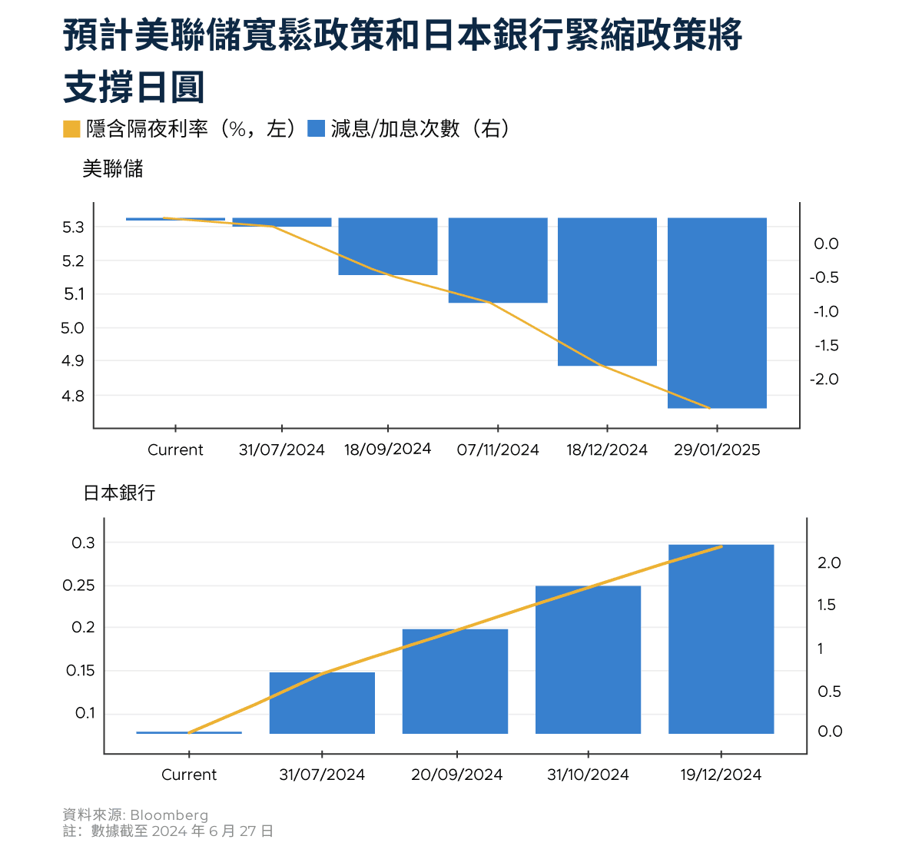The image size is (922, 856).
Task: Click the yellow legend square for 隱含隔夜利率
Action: (x=71, y=129)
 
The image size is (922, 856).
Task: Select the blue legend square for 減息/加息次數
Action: (x=316, y=129)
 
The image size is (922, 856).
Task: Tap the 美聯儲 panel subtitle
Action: (x=113, y=169)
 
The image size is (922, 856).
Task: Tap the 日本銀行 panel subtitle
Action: (x=119, y=493)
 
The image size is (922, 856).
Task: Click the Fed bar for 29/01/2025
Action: (x=717, y=313)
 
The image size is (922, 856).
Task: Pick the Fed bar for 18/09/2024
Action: (x=388, y=246)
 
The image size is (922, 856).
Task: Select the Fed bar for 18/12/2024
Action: (x=607, y=292)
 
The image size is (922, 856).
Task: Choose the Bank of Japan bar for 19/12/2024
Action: (x=721, y=639)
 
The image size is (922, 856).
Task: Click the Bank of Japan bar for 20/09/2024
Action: (x=455, y=681)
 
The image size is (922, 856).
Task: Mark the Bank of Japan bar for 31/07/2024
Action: (x=322, y=702)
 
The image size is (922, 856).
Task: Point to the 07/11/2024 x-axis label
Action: (x=498, y=450)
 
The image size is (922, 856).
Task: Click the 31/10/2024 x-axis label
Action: (x=588, y=775)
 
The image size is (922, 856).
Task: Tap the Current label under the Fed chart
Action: (x=175, y=450)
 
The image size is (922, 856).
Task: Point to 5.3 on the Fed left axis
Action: (x=73, y=227)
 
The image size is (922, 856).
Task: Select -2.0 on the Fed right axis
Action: (x=824, y=380)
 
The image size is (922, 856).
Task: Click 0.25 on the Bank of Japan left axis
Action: (x=78, y=586)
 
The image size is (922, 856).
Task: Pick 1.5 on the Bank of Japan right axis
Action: (x=826, y=606)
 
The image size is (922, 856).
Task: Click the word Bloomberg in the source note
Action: (x=169, y=815)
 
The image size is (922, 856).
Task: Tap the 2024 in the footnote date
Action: (x=168, y=831)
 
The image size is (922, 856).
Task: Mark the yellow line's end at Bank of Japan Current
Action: (x=189, y=732)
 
